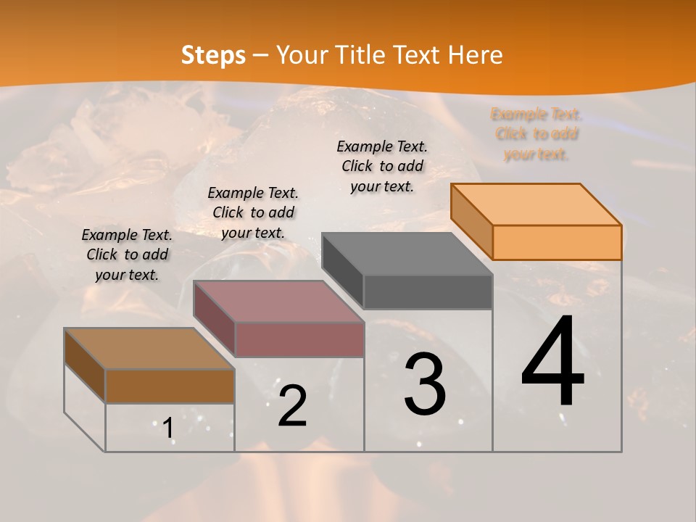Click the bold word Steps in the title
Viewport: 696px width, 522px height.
(213, 55)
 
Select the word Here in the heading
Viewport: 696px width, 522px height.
(475, 55)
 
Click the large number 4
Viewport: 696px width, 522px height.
(552, 362)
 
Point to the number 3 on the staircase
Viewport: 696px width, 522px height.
(425, 385)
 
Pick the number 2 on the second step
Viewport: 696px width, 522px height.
(292, 406)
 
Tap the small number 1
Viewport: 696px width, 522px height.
(168, 428)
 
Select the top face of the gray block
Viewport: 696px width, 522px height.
(406, 254)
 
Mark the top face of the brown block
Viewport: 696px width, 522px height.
(149, 349)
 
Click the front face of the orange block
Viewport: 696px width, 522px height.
(557, 242)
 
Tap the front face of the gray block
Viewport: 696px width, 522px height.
(428, 291)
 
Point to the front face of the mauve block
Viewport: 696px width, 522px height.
(299, 339)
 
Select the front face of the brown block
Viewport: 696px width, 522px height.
(170, 386)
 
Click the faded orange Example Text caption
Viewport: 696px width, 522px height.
(536, 134)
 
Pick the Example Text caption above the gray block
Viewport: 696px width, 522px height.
(382, 166)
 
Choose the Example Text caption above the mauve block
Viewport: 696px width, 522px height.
(253, 212)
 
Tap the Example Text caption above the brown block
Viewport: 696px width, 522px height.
(127, 254)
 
